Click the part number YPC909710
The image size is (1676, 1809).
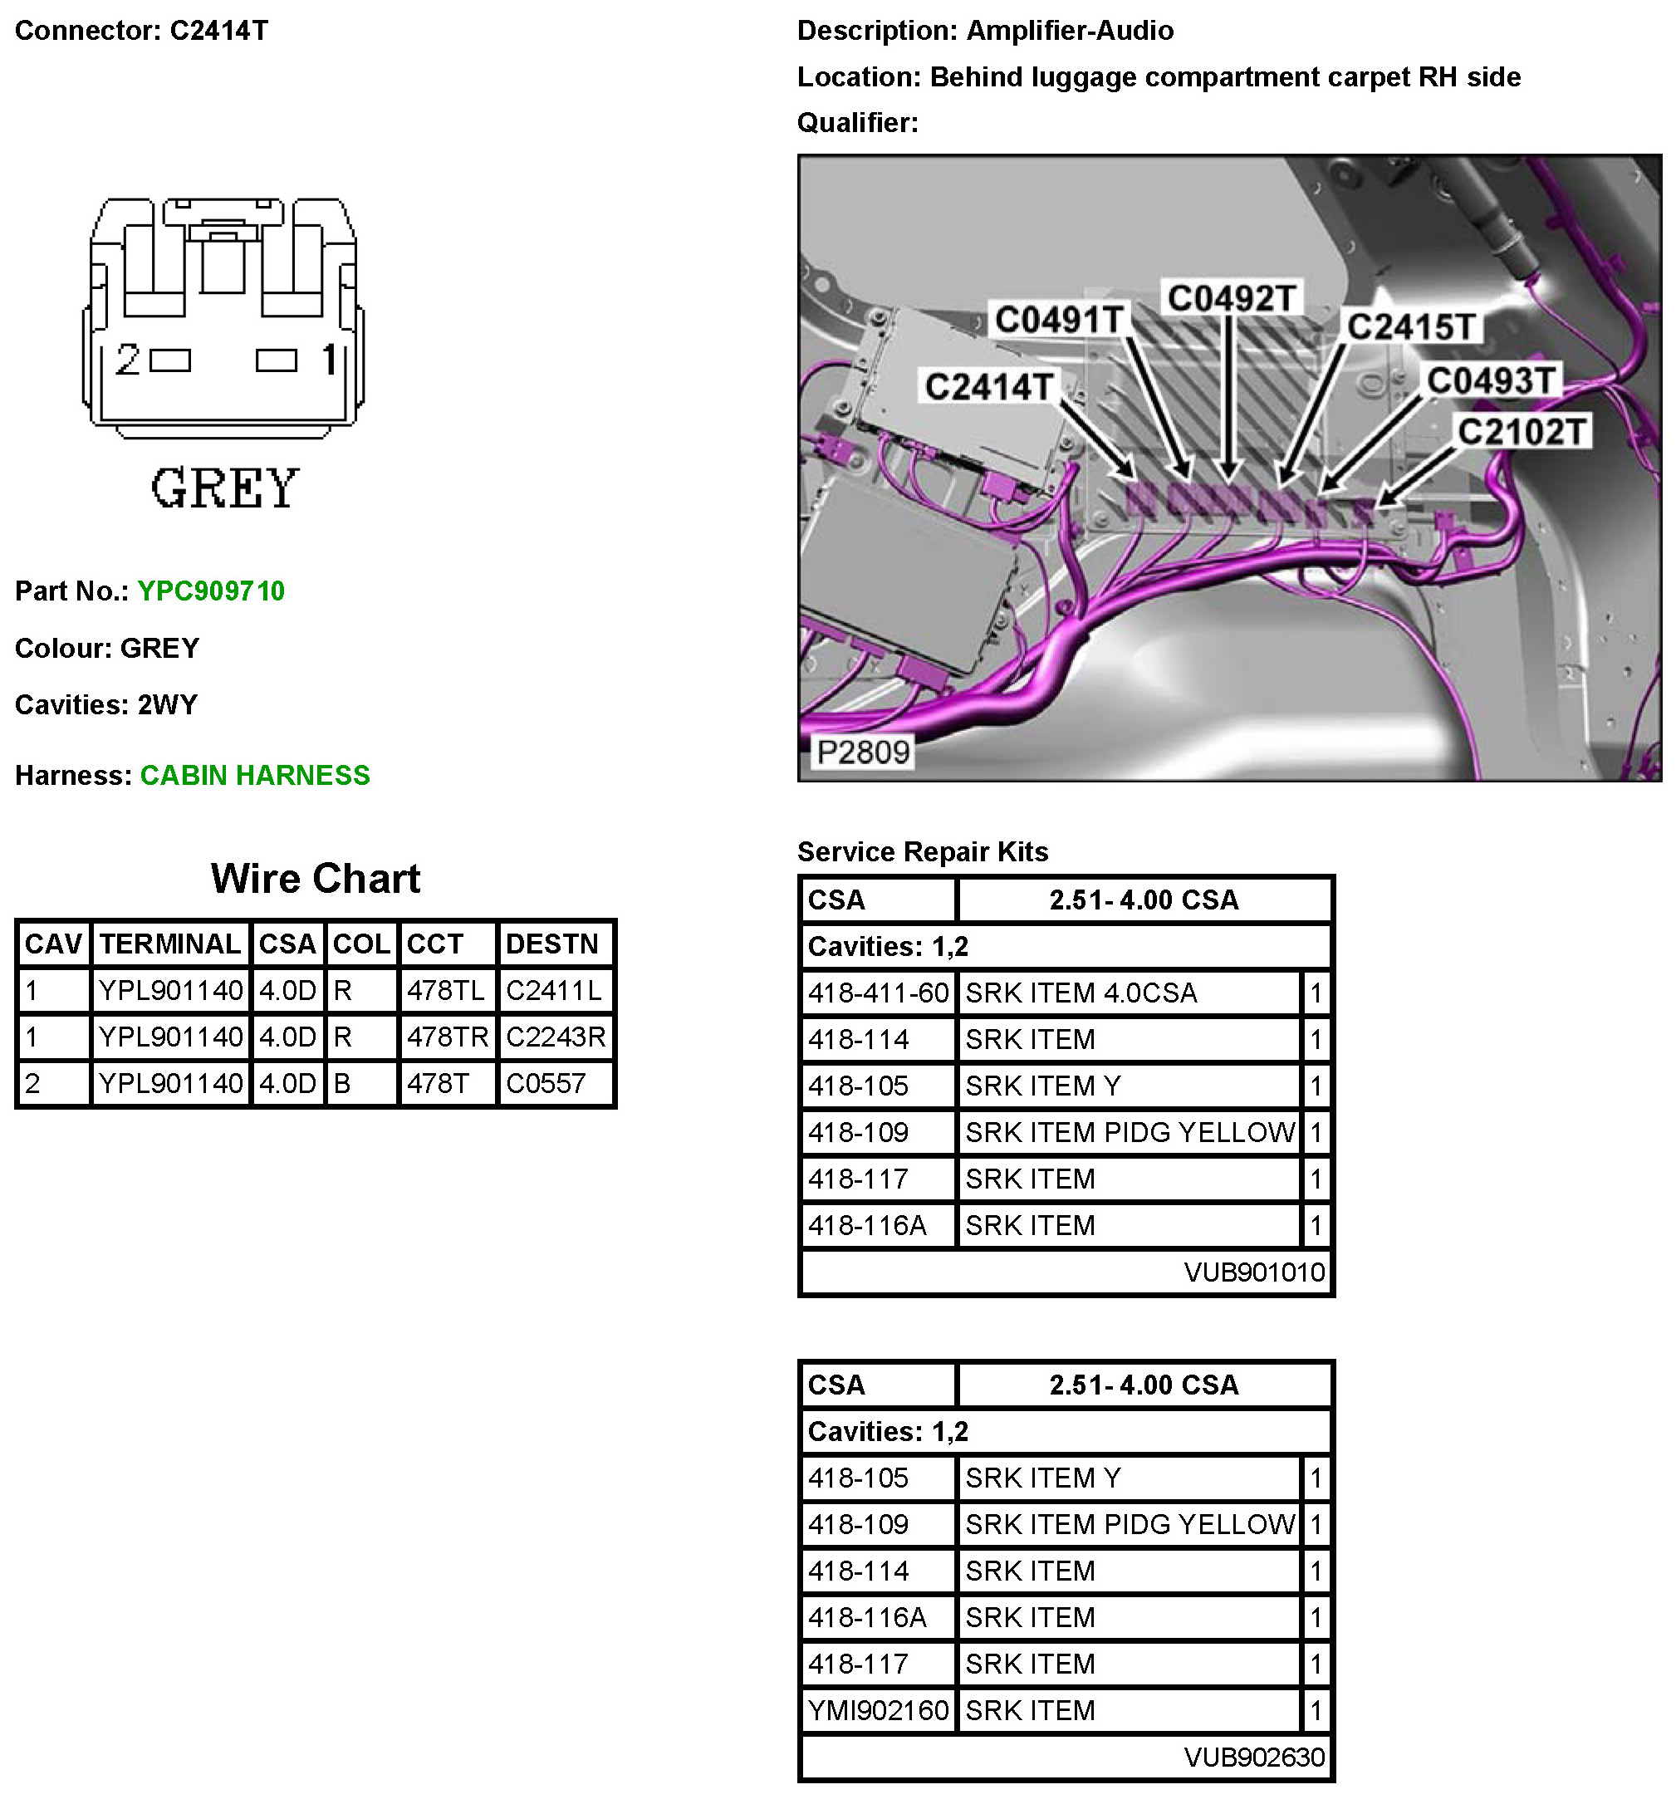[x=210, y=591]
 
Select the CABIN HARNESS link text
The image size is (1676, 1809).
[x=255, y=775]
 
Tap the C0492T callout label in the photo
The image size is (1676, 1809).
[x=1231, y=298]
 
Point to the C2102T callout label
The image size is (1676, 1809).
[x=1522, y=432]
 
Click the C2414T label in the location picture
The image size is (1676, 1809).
[x=988, y=387]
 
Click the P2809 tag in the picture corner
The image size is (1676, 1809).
[x=862, y=752]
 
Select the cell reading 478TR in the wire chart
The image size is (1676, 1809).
[x=447, y=1037]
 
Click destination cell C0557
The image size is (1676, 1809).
[x=546, y=1083]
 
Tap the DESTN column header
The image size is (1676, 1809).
[x=551, y=944]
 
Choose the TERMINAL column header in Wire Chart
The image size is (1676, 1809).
[x=169, y=944]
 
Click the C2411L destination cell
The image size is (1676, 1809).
[x=553, y=990]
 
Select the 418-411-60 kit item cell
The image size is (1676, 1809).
[x=878, y=993]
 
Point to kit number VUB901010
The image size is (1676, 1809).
[x=1254, y=1272]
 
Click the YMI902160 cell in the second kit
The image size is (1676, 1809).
[x=878, y=1710]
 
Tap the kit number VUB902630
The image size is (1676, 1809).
[x=1254, y=1758]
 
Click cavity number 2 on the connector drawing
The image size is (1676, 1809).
[x=128, y=360]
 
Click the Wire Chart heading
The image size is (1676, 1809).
[x=315, y=878]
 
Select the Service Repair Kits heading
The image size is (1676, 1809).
[x=923, y=851]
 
